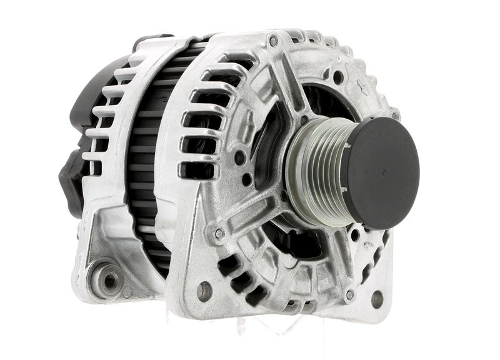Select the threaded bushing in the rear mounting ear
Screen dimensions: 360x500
[x=109, y=281]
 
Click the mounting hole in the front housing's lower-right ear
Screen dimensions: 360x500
[x=377, y=299]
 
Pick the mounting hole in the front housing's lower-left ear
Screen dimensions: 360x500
[x=204, y=291]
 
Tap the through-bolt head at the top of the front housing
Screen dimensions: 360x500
[x=272, y=41]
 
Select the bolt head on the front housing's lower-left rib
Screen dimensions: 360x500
[x=219, y=234]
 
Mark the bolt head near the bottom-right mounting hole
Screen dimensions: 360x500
[x=349, y=294]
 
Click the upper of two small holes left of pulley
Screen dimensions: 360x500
[x=239, y=157]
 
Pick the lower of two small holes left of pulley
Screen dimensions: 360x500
[x=247, y=179]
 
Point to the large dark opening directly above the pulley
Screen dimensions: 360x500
[x=319, y=103]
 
